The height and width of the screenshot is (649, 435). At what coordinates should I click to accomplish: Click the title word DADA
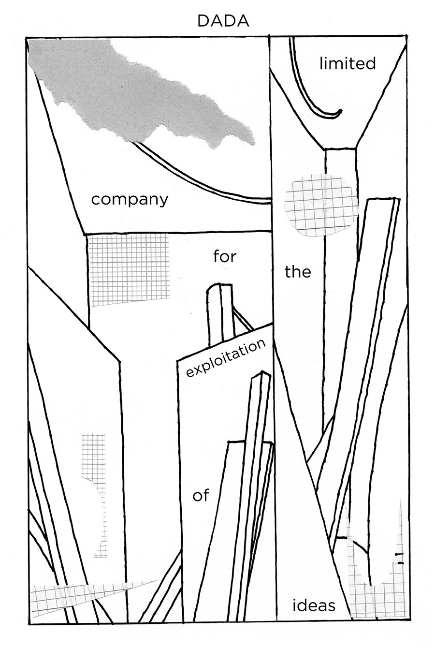pyautogui.click(x=223, y=21)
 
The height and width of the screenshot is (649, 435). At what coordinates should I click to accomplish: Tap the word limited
pyautogui.click(x=348, y=63)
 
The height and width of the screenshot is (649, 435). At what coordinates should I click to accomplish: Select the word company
pyautogui.click(x=130, y=199)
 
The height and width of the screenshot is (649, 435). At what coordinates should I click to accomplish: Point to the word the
pyautogui.click(x=298, y=272)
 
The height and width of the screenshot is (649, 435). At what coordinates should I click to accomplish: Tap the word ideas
pyautogui.click(x=314, y=605)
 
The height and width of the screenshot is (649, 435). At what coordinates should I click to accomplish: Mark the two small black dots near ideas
pyautogui.click(x=399, y=558)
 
